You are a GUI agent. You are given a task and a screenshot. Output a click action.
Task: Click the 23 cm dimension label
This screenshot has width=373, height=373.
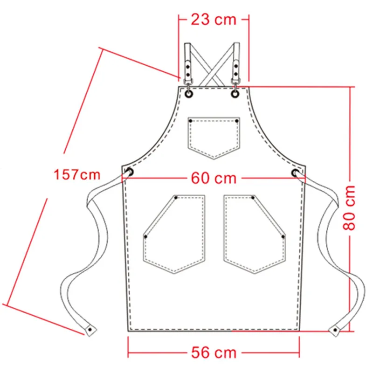coord(214,20)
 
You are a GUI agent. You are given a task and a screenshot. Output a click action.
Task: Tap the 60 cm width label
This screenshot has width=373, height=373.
coord(214,179)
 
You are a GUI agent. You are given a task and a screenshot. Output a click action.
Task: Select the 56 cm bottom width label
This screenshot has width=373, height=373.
coord(214,352)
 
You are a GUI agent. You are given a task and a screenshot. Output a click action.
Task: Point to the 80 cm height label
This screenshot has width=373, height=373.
coord(349,207)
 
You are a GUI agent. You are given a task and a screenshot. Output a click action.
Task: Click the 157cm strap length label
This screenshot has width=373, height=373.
coord(77,174)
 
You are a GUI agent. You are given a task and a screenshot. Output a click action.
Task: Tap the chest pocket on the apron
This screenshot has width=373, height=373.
coord(214,138)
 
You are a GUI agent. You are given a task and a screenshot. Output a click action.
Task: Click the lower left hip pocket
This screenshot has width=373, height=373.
coord(174,235)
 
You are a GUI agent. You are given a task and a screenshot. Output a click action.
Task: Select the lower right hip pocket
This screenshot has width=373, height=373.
coord(255,235)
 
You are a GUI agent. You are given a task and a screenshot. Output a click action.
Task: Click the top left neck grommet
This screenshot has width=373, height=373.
coord(189,94)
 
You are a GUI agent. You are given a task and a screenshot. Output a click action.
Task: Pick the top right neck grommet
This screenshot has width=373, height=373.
coord(235,94)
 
